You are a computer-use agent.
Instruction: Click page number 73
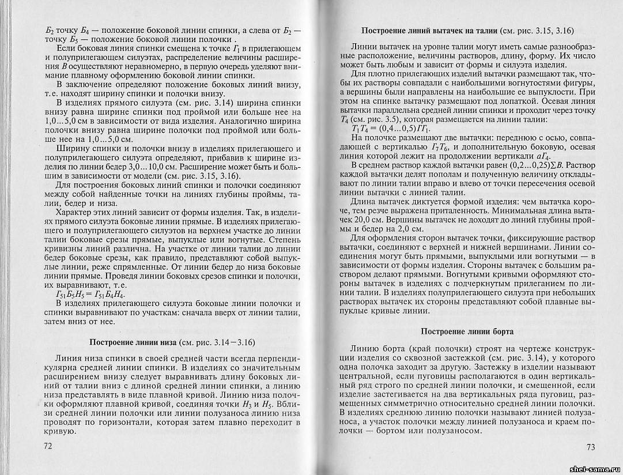590,447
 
